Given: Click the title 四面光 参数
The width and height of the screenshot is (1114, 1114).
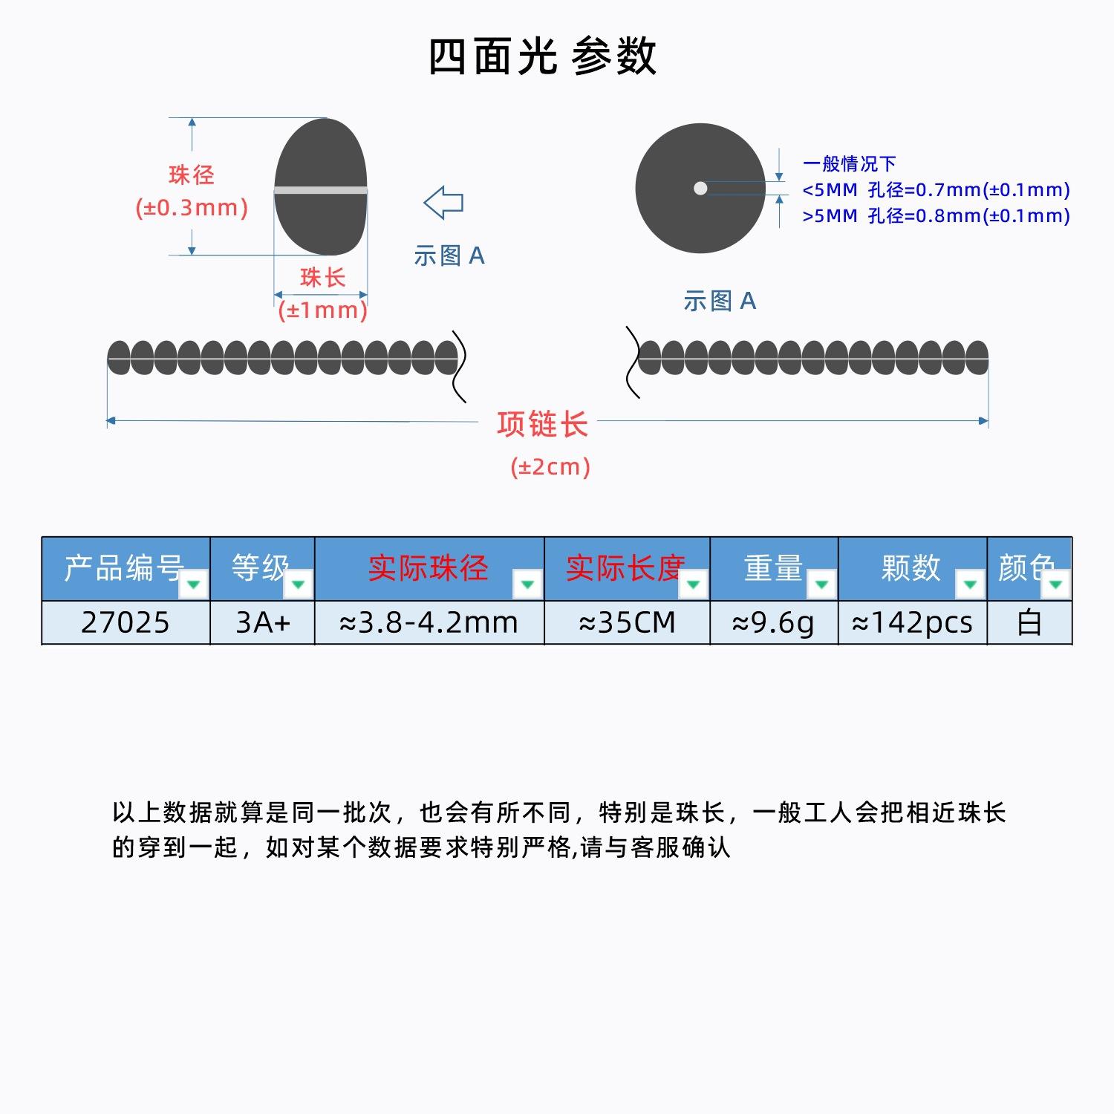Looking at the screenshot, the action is pos(542,56).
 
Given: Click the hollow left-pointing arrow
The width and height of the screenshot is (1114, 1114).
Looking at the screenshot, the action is pos(443,202).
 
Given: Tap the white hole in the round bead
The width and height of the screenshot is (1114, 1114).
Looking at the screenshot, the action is pos(700,189).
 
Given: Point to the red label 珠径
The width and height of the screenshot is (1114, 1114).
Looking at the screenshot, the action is pos(192,175).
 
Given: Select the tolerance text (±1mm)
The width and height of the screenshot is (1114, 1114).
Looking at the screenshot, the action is pos(323,310).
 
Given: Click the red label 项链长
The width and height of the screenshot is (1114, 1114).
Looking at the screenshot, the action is pos(542,425).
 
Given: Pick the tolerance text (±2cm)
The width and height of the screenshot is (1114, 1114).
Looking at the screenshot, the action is pos(550,467).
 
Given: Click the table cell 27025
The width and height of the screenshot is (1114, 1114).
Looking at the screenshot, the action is pos(126,622).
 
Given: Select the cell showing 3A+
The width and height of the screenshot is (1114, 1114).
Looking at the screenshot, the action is pos(263,622).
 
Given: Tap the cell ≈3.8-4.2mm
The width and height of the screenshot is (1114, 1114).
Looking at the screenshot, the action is pos(429,622).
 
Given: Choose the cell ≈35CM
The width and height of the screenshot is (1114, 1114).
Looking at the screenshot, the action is pos(628,622).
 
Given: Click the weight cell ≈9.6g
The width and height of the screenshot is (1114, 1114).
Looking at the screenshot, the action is pos(774,622).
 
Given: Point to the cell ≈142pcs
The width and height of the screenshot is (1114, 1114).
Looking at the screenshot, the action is pos(913,622).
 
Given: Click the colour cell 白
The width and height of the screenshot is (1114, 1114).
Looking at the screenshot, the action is pos(1029,622).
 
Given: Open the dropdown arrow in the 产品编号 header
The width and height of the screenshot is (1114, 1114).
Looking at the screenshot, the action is pos(194,584).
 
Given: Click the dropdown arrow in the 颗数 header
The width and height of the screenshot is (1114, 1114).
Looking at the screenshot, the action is pos(969,584).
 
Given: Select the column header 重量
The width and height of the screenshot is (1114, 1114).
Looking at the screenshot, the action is pos(774,568).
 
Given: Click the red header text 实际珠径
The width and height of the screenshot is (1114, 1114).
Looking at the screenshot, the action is pos(429,568).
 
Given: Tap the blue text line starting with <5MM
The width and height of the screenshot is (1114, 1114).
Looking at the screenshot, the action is pos(936,190).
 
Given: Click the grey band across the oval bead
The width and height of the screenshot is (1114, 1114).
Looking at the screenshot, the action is pos(321,191).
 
